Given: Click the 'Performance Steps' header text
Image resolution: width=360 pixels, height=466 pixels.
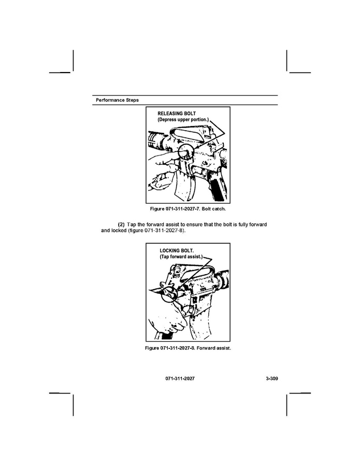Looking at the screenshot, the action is click(x=117, y=100).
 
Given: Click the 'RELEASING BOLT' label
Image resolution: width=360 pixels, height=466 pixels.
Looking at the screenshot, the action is click(x=177, y=114).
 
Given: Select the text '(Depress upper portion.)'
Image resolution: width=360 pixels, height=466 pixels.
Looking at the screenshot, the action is click(x=183, y=120).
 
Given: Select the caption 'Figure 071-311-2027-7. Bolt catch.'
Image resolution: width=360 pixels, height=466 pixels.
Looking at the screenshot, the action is click(x=188, y=209).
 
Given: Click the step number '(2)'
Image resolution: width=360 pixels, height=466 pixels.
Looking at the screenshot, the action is click(x=121, y=224).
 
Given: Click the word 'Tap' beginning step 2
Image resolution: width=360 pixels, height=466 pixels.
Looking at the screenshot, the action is click(x=131, y=224).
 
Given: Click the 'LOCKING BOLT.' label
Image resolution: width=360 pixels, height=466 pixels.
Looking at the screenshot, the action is click(x=177, y=251).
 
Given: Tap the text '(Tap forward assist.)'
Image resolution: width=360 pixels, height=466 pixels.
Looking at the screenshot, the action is click(x=181, y=257).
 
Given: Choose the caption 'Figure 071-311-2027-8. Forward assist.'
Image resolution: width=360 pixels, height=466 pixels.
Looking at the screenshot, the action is click(x=188, y=348).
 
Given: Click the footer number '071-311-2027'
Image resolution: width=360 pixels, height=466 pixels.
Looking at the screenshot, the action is click(x=180, y=378).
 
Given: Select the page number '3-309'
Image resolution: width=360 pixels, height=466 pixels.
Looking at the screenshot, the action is click(x=272, y=378).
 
